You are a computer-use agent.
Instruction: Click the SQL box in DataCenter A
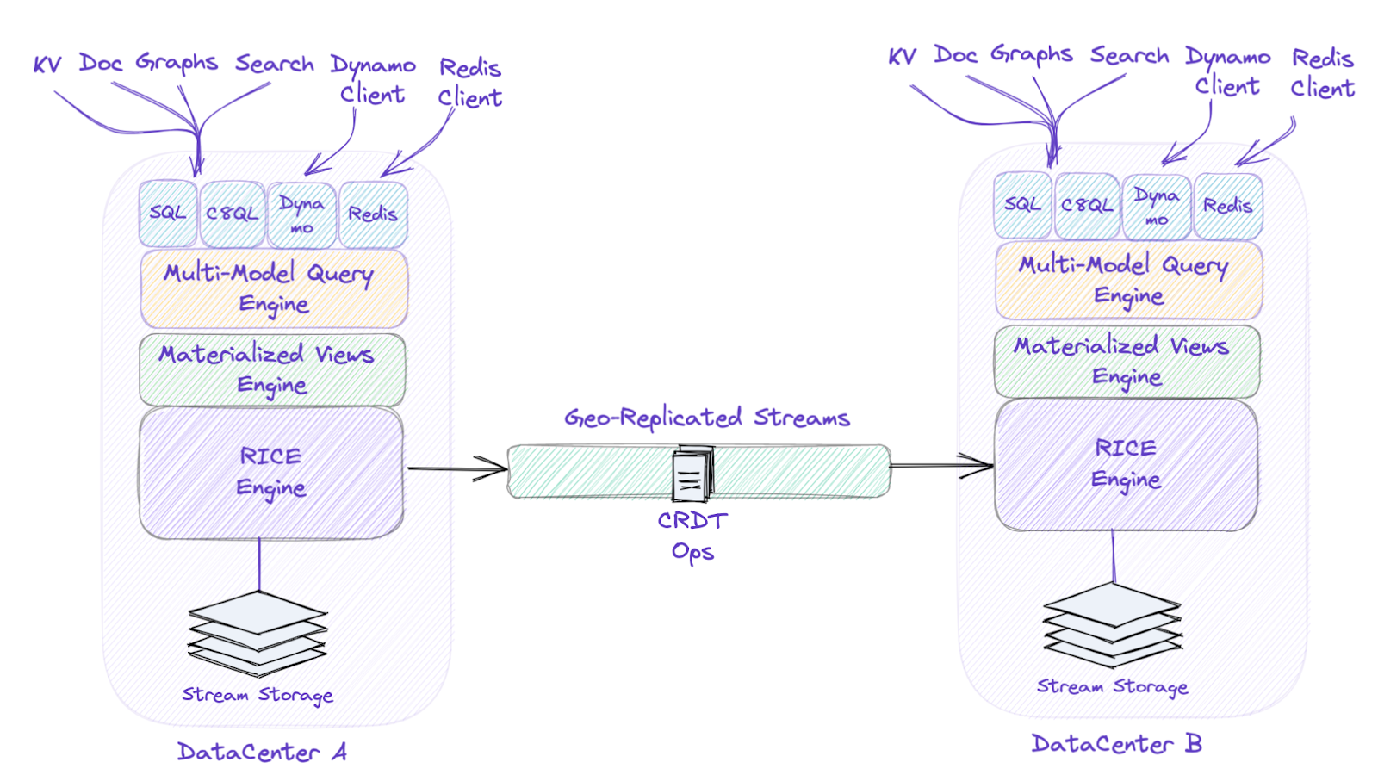coord(168,213)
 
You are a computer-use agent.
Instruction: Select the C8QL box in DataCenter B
coord(1087,206)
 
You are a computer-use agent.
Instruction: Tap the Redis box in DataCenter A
coord(373,214)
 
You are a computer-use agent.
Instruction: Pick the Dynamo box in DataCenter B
coord(1157,207)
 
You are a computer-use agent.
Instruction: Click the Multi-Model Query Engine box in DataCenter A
coord(274,288)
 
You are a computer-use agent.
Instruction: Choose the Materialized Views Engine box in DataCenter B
coord(1127,362)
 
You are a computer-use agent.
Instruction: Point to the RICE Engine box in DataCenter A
coord(271,472)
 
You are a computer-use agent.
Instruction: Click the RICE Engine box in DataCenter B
coord(1126,464)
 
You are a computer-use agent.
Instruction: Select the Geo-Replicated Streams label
coord(707,418)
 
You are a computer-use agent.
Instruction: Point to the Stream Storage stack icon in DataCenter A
coord(258,634)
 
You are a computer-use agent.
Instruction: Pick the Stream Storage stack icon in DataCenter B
coord(1113,625)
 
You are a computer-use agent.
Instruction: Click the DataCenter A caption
coord(262,752)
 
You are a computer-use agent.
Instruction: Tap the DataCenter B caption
coord(1116,743)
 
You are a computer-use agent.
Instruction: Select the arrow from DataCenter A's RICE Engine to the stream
coord(457,469)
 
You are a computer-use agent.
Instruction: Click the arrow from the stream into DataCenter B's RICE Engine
coord(942,466)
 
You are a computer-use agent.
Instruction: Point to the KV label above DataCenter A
coord(47,64)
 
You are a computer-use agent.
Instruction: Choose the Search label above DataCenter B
coord(1129,56)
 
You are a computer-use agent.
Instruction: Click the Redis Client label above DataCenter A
coord(470,83)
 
